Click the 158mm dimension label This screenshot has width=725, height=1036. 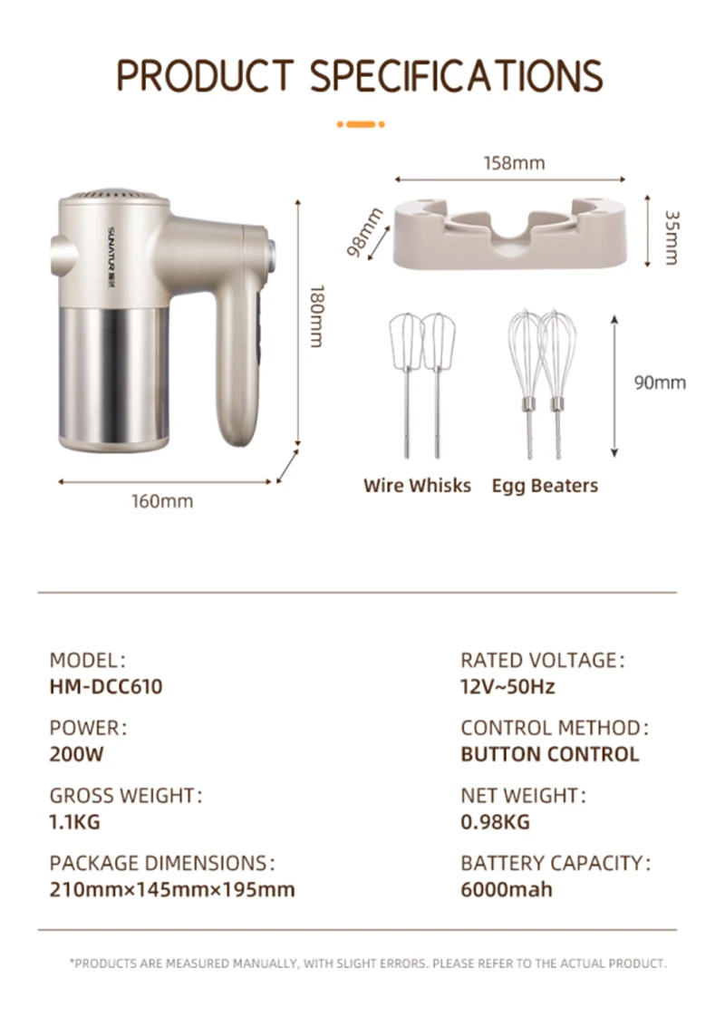click(514, 162)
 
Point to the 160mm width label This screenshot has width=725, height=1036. click(162, 501)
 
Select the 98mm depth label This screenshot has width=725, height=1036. click(365, 232)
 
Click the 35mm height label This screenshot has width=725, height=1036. click(672, 237)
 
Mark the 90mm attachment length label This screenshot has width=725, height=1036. click(660, 382)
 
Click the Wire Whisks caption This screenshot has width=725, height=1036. click(417, 486)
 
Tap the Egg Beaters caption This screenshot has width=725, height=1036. click(545, 486)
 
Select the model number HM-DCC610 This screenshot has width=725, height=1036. click(106, 687)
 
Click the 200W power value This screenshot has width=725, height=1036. click(77, 754)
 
